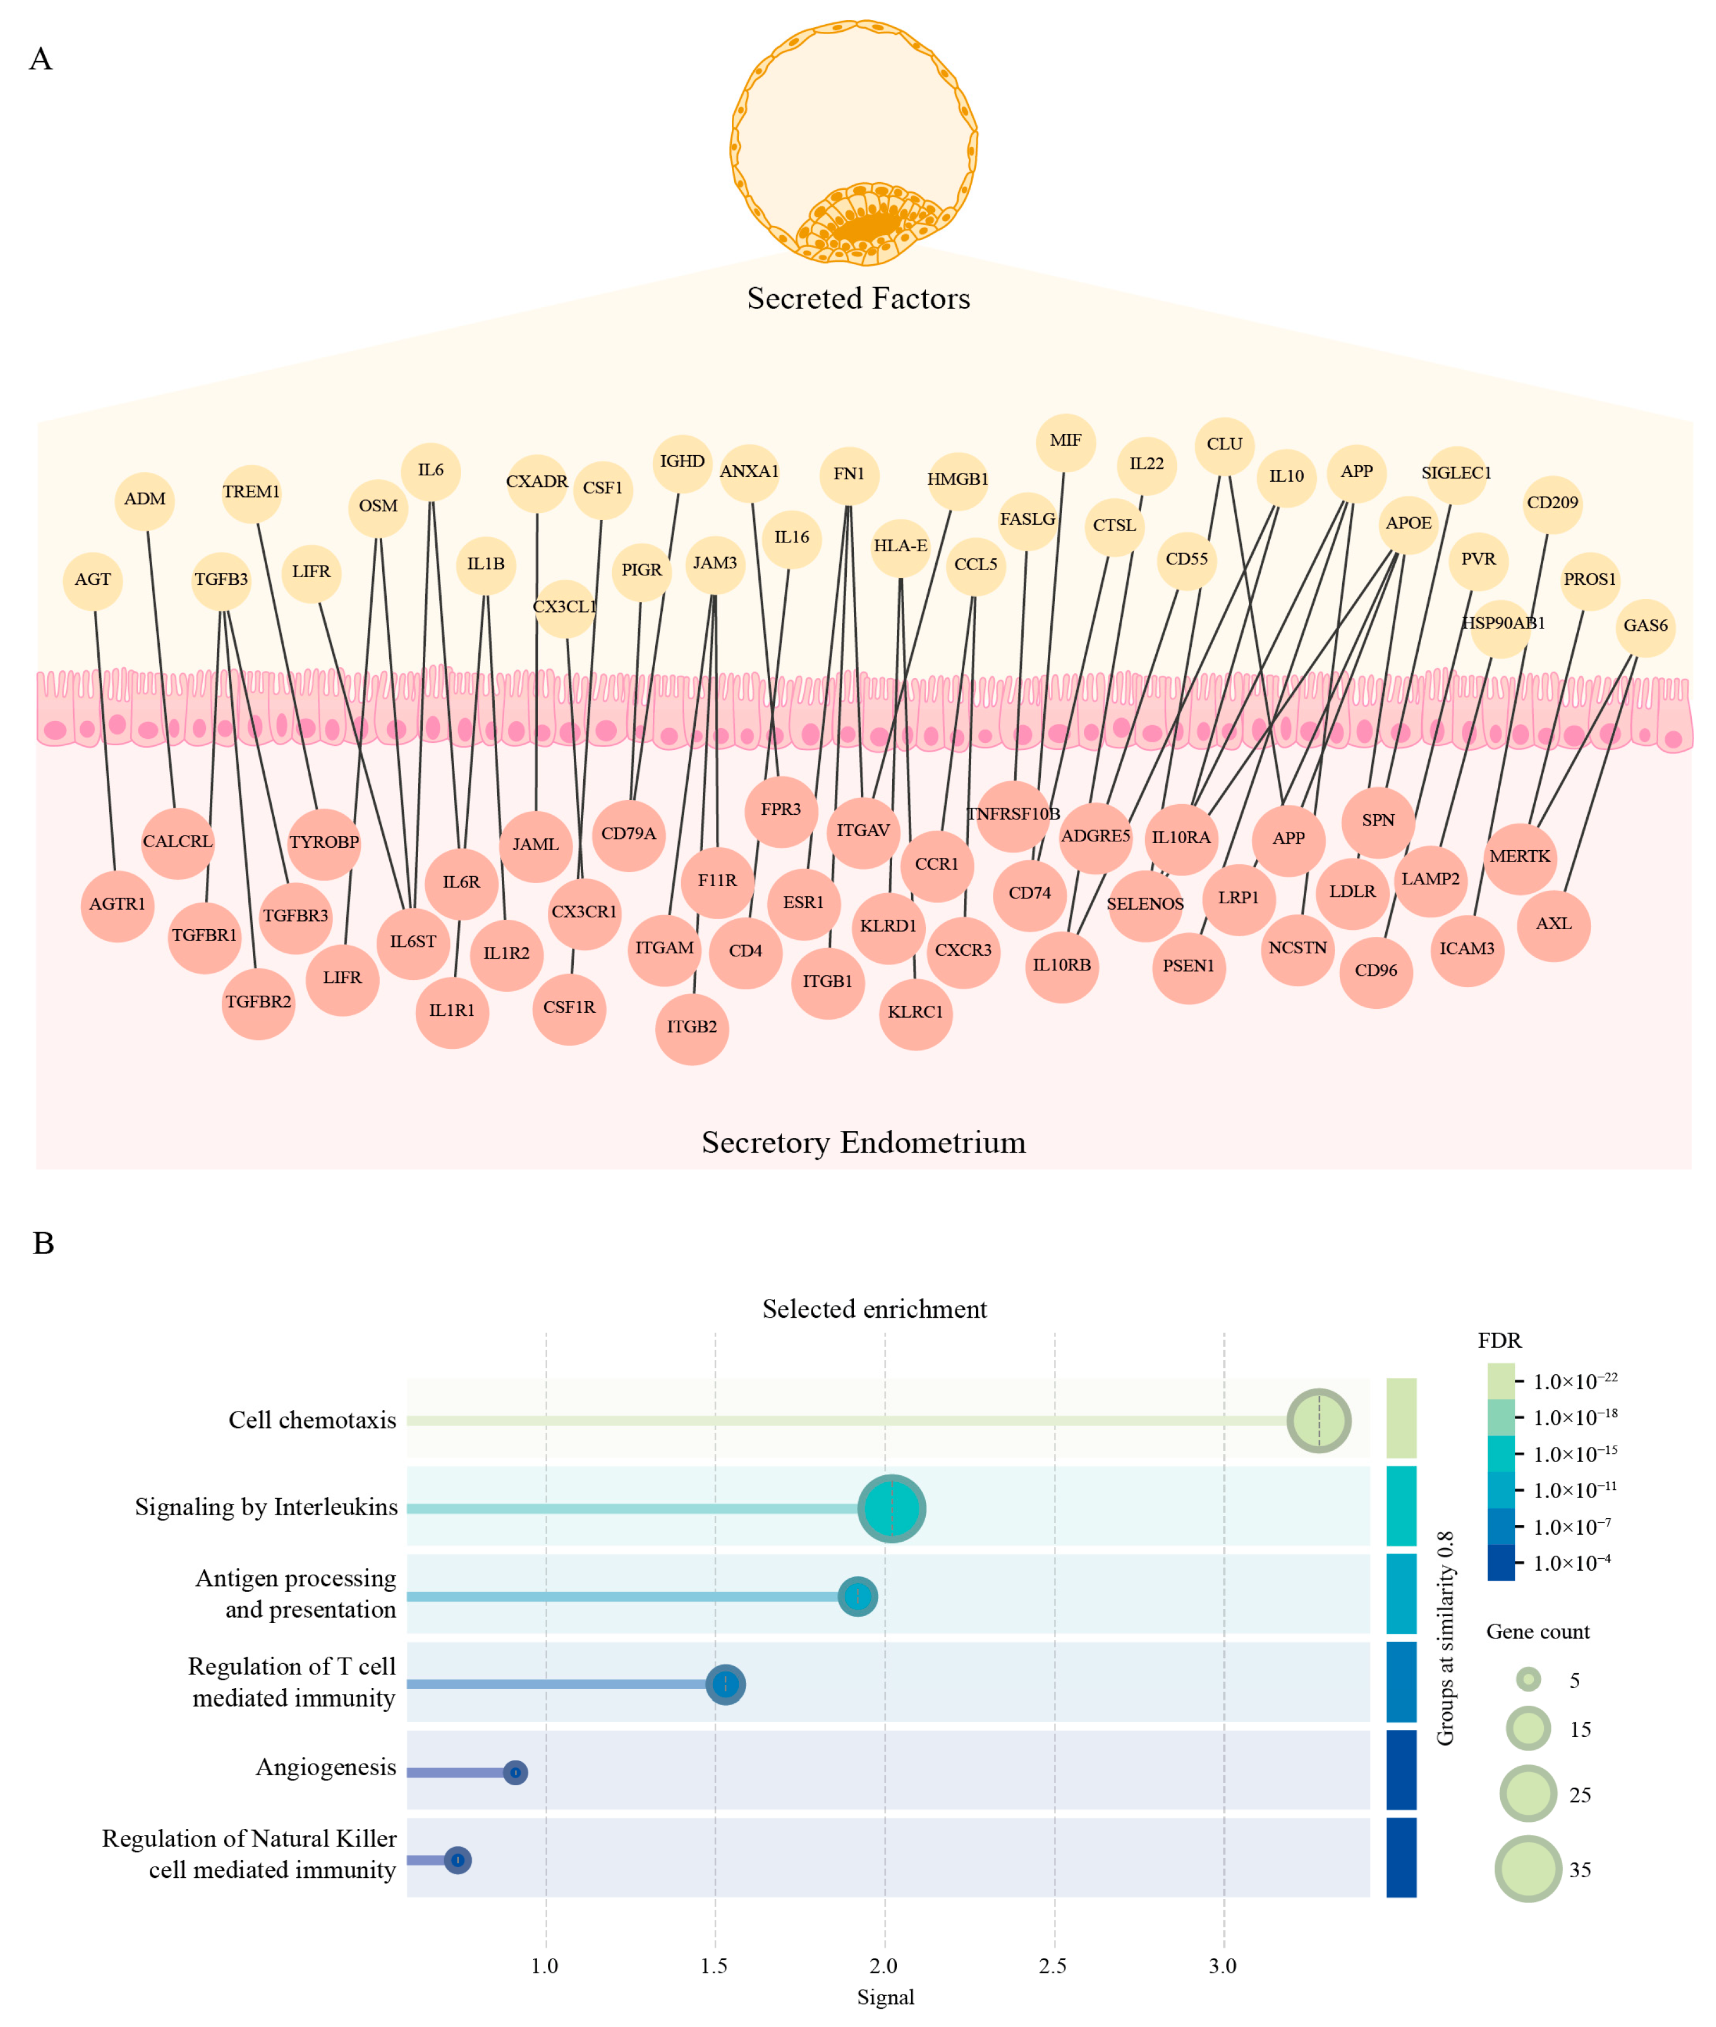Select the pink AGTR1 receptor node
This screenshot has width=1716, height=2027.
point(117,904)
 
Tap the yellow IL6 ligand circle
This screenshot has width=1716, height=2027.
point(431,470)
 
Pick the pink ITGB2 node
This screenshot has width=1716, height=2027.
point(692,1027)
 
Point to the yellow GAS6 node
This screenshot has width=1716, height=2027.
point(1645,626)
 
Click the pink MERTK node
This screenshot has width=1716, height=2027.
point(1520,857)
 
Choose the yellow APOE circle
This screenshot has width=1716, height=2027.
point(1408,524)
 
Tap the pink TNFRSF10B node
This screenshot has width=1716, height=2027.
point(1012,814)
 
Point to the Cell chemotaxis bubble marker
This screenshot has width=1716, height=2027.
point(1318,1420)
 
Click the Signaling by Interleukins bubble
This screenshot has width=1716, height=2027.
point(891,1509)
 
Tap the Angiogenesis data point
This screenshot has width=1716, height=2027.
point(515,1772)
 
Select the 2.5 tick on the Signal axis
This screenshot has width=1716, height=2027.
point(1053,1966)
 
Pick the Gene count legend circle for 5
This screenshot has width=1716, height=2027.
point(1528,1680)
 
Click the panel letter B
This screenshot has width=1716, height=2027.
point(43,1243)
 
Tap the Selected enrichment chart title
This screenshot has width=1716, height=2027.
point(873,1309)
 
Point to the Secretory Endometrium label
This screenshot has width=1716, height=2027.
point(863,1142)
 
